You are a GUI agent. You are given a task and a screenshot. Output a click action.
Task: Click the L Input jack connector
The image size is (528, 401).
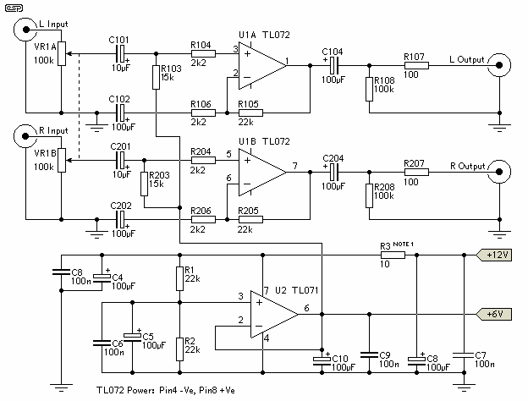(x=25, y=30)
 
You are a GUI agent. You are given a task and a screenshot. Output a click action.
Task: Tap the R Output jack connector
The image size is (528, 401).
(x=499, y=172)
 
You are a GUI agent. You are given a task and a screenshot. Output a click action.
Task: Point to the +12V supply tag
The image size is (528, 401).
(x=494, y=255)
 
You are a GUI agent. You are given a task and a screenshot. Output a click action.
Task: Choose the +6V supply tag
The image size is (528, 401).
(x=494, y=314)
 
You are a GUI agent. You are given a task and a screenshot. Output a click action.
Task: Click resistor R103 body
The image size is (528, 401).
(x=156, y=78)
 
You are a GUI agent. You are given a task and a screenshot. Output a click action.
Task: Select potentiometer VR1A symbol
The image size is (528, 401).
(x=62, y=53)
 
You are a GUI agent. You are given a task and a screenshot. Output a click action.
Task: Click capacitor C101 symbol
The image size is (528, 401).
(x=120, y=54)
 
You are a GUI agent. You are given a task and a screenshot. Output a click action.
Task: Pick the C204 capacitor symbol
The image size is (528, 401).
(x=333, y=172)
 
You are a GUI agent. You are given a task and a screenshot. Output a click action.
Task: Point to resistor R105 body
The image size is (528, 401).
(x=250, y=113)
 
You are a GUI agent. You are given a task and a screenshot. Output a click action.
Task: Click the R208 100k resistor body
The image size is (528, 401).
(x=370, y=195)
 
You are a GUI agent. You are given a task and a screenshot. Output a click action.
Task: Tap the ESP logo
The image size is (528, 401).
(x=14, y=8)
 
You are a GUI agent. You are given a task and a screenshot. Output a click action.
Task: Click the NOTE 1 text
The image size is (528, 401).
(x=403, y=244)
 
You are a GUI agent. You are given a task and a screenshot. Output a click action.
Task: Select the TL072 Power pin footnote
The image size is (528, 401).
(x=166, y=391)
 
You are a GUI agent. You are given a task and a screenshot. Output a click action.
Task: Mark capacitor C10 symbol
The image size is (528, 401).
(x=322, y=360)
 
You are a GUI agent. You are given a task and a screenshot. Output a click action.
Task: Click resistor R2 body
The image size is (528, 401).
(x=180, y=349)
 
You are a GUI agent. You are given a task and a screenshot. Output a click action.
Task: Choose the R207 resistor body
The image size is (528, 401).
(x=416, y=172)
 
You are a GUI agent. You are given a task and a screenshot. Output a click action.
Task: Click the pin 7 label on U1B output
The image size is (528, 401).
(x=295, y=166)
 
